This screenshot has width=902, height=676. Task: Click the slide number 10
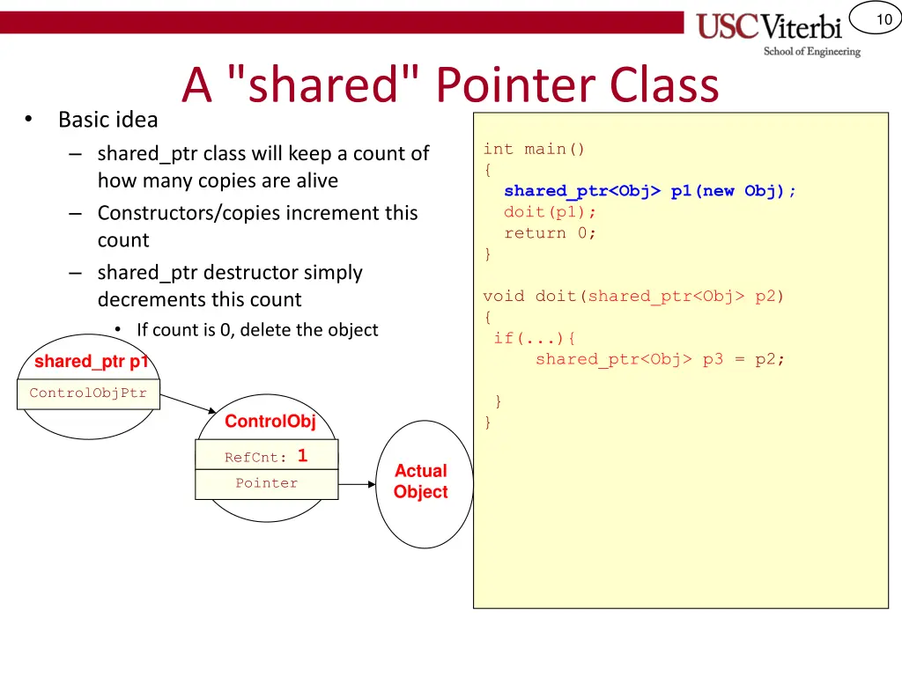point(884,19)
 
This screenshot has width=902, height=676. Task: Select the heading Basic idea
point(107,119)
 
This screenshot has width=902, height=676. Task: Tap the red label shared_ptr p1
point(91,361)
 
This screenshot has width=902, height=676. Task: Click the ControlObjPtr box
point(88,393)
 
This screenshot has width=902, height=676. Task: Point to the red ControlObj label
point(270,422)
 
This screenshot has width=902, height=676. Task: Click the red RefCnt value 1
point(302,456)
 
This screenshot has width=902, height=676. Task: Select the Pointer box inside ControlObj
point(266,483)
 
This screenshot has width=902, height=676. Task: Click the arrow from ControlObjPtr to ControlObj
point(189,403)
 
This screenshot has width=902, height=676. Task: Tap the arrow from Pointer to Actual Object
point(358,483)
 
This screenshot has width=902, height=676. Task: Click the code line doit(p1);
point(550,212)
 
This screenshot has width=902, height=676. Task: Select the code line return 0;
point(550,233)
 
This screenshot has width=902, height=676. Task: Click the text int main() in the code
point(534,150)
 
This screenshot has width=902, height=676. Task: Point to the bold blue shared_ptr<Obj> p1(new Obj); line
point(649,191)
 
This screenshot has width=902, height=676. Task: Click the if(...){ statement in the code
point(535,338)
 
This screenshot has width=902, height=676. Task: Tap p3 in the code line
point(713,359)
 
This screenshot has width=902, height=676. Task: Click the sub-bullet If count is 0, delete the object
point(257,330)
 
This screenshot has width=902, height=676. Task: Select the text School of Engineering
point(811,52)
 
